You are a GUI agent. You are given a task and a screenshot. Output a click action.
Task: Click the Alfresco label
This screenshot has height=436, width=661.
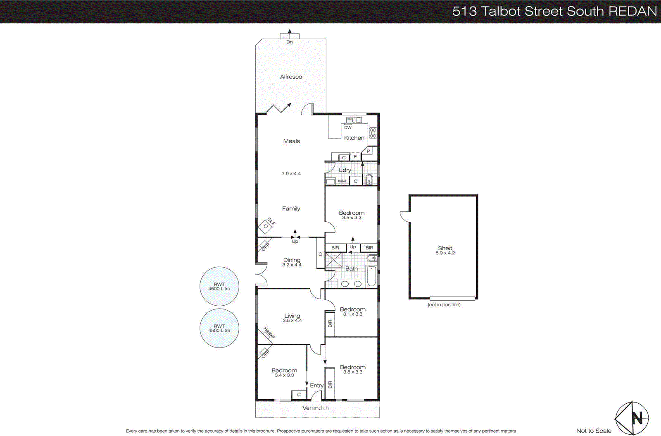point(291,77)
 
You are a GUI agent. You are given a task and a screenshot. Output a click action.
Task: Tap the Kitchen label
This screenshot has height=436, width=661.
point(354,138)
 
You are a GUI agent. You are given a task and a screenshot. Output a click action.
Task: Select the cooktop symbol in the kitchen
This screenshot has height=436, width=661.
point(373,133)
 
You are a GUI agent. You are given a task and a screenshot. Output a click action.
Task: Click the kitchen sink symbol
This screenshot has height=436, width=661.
point(354,120)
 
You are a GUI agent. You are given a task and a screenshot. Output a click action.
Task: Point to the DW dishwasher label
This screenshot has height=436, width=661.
point(348,127)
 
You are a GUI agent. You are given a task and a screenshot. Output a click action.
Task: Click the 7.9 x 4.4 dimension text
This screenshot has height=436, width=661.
point(291,174)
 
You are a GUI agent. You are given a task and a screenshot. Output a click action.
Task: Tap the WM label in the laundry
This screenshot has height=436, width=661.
point(342,181)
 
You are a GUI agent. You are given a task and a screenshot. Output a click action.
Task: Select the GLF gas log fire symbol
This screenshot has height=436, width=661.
point(266,227)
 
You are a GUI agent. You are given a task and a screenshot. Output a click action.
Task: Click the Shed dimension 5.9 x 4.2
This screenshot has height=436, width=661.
point(445,253)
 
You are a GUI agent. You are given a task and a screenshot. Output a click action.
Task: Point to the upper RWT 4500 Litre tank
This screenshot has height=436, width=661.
point(219,287)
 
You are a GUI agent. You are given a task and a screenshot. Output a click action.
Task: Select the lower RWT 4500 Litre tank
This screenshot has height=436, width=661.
point(219,328)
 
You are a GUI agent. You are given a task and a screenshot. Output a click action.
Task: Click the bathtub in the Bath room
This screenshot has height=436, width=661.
point(371,277)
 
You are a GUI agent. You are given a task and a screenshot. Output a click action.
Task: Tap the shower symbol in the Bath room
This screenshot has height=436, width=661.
point(334,261)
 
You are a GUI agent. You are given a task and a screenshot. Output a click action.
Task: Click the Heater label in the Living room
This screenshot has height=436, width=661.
point(269,333)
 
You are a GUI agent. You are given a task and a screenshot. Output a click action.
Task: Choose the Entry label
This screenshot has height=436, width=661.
point(316,386)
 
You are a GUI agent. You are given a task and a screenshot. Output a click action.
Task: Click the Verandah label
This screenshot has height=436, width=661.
point(316,408)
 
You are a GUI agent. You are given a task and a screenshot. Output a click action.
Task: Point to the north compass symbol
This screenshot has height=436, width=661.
point(632,418)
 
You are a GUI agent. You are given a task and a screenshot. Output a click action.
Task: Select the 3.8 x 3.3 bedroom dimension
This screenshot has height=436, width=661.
point(352,372)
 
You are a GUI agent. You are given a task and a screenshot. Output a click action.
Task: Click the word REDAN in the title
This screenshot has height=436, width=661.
point(632,11)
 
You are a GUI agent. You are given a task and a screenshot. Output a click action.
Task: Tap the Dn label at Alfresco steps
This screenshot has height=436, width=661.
point(290,42)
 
